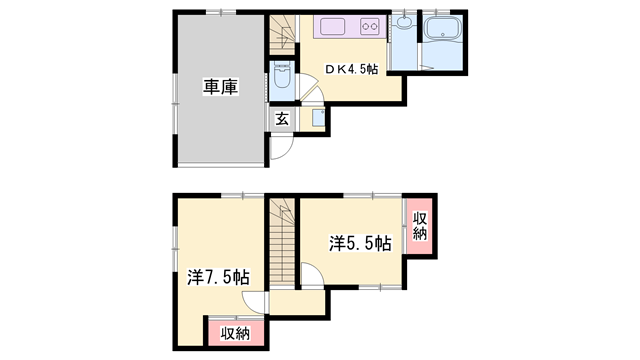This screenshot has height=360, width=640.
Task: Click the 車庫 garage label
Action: (x=220, y=87)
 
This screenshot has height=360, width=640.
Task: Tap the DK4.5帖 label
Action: (x=349, y=69)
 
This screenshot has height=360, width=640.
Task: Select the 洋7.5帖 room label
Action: (x=218, y=277)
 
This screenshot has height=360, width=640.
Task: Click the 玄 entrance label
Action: (x=282, y=119)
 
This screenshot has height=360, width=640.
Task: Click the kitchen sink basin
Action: (x=333, y=27)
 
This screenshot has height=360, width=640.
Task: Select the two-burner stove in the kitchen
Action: (x=368, y=27)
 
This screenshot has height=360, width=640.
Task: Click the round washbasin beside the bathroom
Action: (x=404, y=22)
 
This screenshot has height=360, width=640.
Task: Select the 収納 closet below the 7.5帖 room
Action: (x=235, y=333)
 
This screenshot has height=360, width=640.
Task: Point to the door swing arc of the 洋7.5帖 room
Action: (x=259, y=306)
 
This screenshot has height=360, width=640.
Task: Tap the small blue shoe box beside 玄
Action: (x=317, y=118)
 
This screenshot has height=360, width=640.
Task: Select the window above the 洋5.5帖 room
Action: (x=358, y=193)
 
